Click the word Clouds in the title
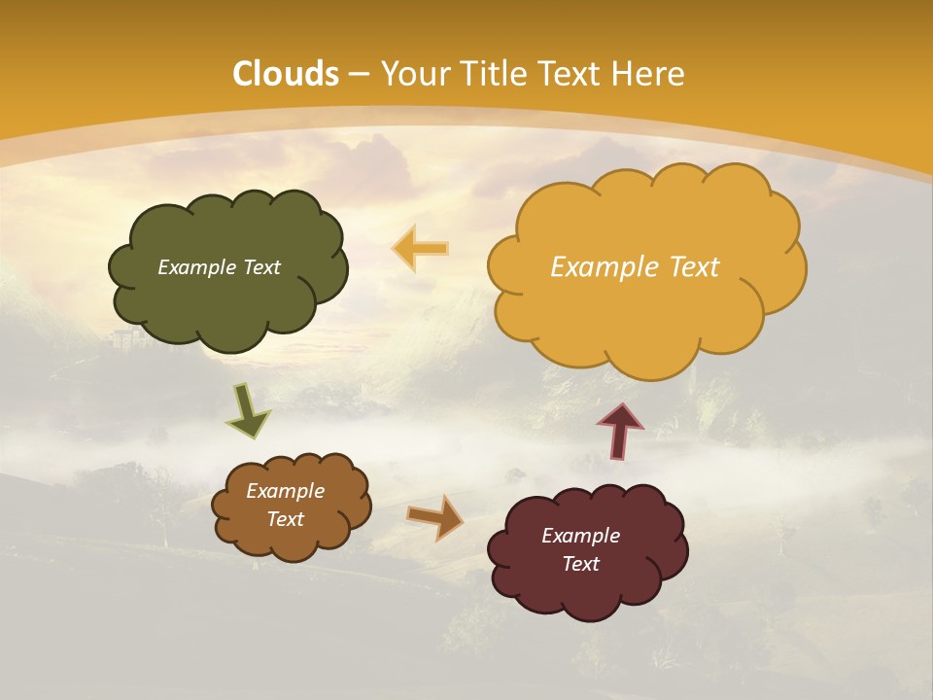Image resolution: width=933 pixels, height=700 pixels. pos(286,74)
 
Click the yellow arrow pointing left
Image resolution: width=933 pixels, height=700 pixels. pos(422,249)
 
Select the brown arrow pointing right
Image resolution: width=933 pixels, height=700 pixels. pos(434,517)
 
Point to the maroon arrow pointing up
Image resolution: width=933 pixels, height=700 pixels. pos(620,431)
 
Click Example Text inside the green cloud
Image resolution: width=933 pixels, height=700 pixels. pos(219,267)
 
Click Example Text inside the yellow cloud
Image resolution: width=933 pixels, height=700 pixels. pos(635,267)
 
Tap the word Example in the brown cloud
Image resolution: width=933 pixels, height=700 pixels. pos(285,491)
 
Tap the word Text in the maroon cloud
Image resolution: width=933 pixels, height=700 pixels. pos(580,564)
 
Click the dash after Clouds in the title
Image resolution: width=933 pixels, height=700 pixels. pos(358,74)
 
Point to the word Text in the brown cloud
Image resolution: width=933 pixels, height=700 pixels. pos(285,519)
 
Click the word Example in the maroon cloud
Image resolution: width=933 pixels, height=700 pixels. pos(580,536)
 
